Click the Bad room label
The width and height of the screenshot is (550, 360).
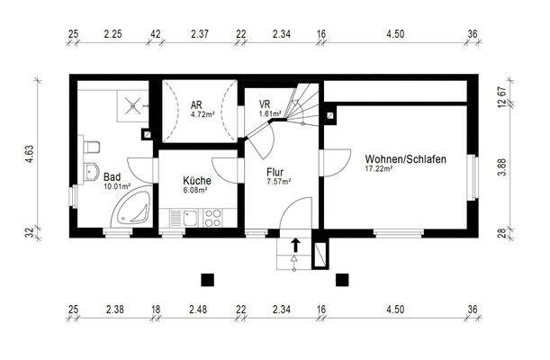[x=113, y=177]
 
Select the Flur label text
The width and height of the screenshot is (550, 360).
[x=275, y=170]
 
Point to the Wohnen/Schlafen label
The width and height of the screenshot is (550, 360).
[x=406, y=158]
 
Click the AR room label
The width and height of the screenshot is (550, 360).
[x=196, y=105]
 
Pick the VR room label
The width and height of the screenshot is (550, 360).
[x=265, y=104]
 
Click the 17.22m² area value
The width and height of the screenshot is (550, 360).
[x=382, y=168]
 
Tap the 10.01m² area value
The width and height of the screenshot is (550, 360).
[x=118, y=187]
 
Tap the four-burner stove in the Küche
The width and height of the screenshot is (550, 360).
[x=213, y=217]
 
